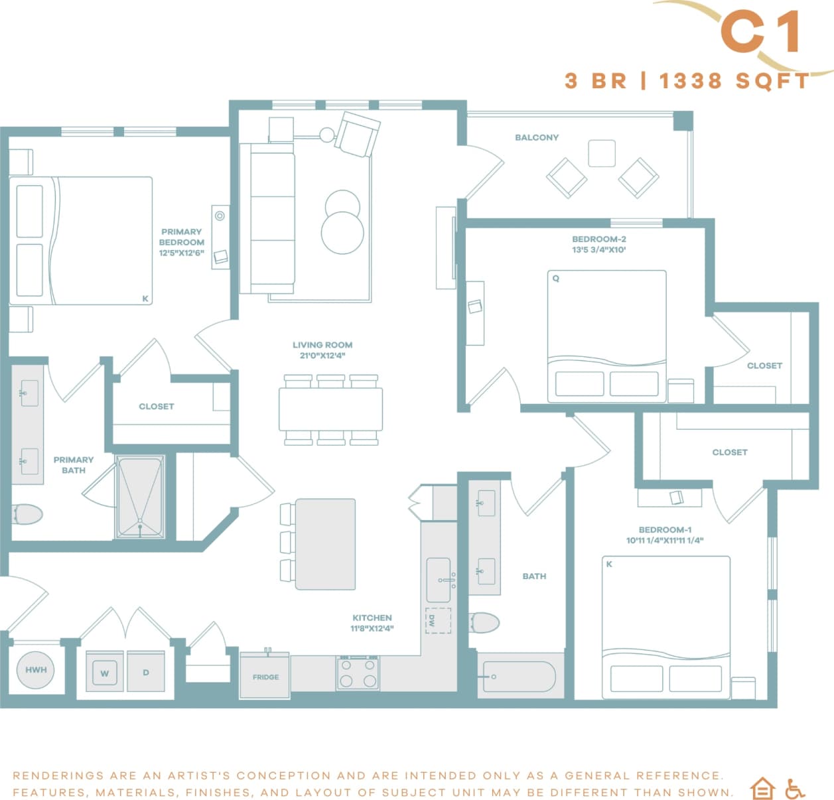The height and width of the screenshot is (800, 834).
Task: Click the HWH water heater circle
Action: [x=36, y=669]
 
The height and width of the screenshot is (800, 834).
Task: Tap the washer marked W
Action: [x=104, y=673]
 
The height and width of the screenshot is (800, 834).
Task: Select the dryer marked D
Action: [x=146, y=672]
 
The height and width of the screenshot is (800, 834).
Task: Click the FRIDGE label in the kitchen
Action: [x=265, y=677]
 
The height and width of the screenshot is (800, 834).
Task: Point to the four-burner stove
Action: [x=358, y=673]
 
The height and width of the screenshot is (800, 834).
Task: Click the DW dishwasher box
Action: [x=437, y=620]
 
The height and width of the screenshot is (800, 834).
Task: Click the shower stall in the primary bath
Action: [x=140, y=496]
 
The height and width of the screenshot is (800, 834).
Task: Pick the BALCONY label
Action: [x=536, y=137]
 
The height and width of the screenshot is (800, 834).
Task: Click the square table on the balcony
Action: [x=602, y=153]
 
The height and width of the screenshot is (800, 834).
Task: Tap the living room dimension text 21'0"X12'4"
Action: [x=322, y=356]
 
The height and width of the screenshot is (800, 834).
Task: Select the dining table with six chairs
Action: [x=330, y=409]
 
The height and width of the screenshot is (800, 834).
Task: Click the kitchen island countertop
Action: [x=325, y=544]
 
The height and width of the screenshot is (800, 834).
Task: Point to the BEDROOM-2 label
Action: [x=598, y=239]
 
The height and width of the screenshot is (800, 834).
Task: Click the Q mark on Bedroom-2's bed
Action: [x=556, y=279]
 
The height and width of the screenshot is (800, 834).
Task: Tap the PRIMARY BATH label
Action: [x=73, y=464]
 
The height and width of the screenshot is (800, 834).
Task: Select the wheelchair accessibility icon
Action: [x=794, y=788]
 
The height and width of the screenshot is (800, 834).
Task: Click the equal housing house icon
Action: [x=762, y=788]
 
